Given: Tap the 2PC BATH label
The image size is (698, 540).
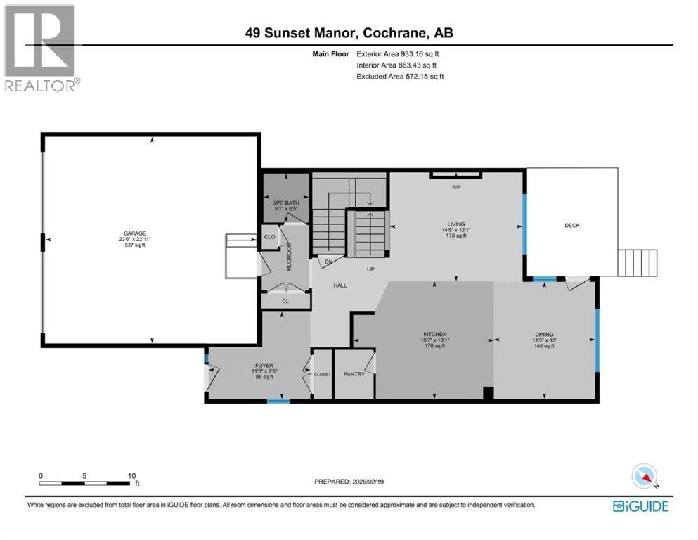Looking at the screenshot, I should click(285, 203).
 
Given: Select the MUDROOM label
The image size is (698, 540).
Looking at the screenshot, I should click(288, 257).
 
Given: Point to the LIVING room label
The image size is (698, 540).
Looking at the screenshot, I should click(455, 224).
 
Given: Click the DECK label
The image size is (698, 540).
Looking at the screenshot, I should click(572, 225).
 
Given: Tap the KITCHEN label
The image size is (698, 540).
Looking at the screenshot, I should click(435, 334).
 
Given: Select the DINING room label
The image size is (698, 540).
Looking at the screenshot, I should click(544, 334).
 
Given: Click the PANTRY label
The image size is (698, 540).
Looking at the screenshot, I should click(354, 374).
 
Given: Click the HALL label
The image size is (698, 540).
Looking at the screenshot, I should click(340, 285).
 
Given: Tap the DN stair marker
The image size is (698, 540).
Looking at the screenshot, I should click(328, 262).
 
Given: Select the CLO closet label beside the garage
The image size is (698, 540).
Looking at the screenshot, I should click(269, 237).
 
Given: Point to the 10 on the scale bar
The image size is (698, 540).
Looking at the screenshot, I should click(131, 475).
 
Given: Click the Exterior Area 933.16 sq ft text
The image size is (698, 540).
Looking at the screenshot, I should click(401, 53).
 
